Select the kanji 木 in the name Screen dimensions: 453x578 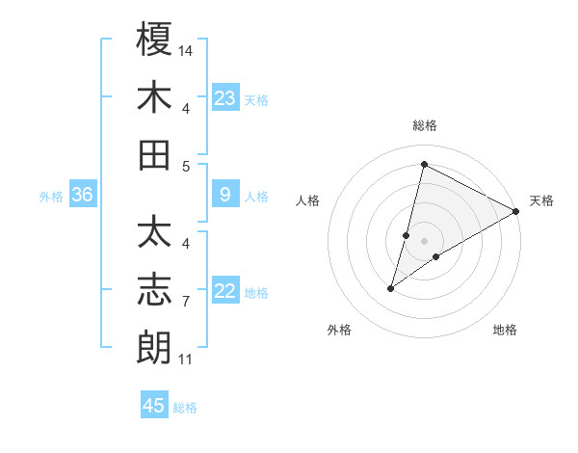click(155, 97)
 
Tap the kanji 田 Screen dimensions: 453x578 click(155, 155)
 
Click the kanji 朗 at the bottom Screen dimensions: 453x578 click(155, 347)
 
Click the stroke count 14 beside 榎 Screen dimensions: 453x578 click(187, 49)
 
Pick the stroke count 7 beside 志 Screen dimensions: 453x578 click(186, 302)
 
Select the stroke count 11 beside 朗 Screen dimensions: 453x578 click(186, 360)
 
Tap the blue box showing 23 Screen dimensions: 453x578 click(225, 97)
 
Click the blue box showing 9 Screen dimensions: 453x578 click(225, 196)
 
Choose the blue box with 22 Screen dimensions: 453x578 click(225, 292)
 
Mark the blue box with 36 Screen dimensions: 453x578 click(83, 196)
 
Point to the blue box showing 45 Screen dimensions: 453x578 click(154, 406)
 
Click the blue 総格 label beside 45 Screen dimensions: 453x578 click(185, 408)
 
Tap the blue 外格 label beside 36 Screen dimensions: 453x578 click(51, 197)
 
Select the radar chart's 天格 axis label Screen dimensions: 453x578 click(541, 200)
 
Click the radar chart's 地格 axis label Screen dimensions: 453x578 click(505, 330)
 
